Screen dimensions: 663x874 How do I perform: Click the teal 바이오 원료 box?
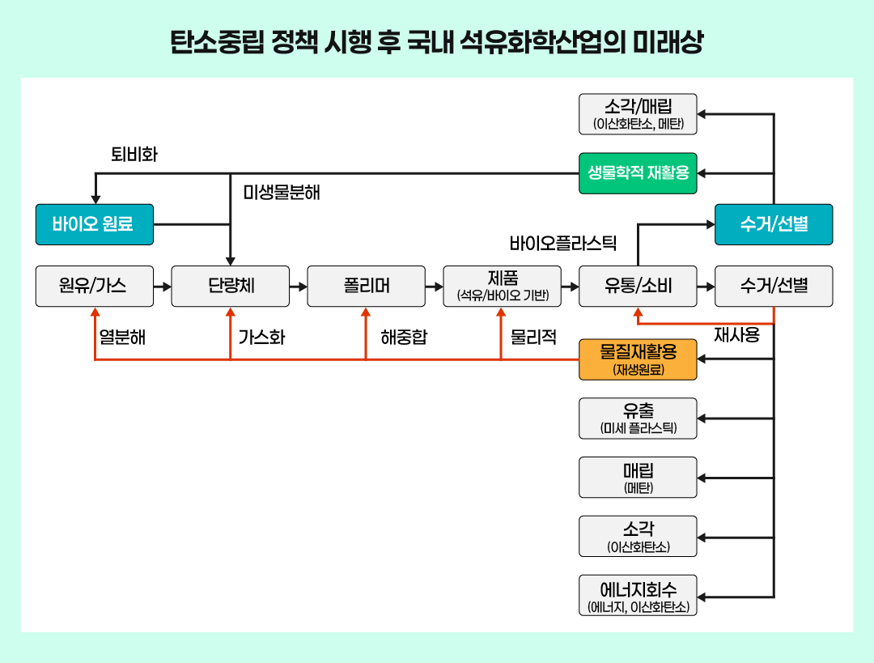(95, 224)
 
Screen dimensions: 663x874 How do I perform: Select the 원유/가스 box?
(95, 286)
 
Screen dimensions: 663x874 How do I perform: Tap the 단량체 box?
(231, 286)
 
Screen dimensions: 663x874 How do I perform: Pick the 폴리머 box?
(366, 286)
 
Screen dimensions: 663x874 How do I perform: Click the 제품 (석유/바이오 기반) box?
(503, 286)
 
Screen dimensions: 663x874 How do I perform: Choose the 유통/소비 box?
(638, 286)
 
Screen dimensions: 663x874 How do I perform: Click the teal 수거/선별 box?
(774, 224)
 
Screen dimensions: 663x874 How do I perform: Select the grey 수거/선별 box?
(774, 286)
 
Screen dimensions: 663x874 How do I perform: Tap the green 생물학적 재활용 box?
(638, 173)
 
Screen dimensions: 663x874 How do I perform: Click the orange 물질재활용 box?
(638, 359)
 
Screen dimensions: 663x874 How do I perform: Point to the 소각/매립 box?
(638, 114)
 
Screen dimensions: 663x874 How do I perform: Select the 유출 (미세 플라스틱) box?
(638, 419)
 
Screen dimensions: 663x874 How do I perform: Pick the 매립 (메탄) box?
(638, 478)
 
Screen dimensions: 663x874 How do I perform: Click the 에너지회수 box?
(638, 596)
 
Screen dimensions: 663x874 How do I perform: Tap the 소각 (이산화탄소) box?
(638, 537)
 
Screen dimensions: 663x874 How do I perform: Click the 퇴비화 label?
(134, 155)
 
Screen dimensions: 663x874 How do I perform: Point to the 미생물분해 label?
(282, 193)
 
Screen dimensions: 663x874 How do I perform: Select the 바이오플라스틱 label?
(563, 243)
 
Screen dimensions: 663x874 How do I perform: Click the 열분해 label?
(122, 338)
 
